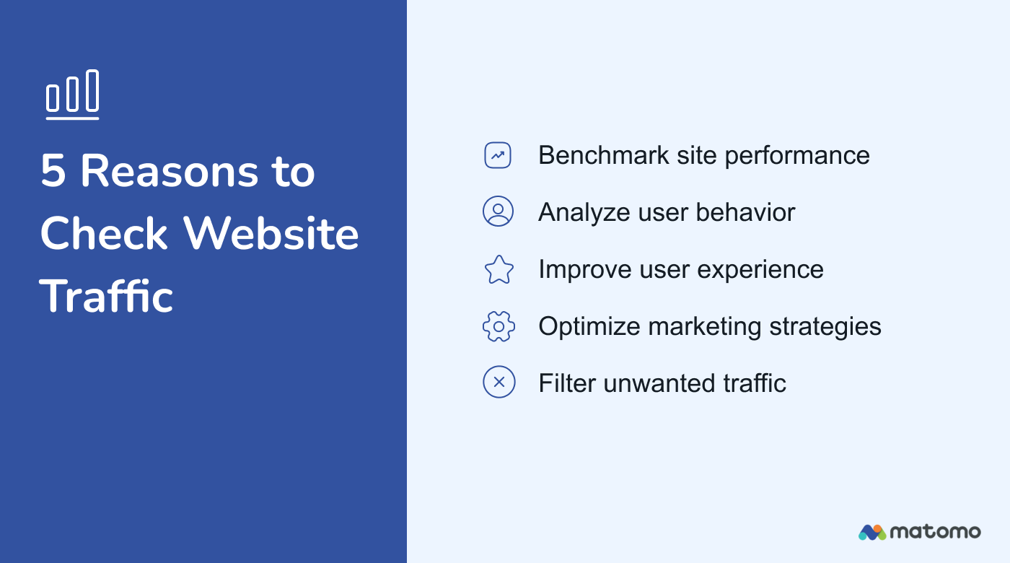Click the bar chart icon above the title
pyautogui.click(x=72, y=95)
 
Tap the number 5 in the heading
pyautogui.click(x=53, y=172)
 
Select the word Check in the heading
pyautogui.click(x=105, y=234)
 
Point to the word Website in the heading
pyautogui.click(x=271, y=234)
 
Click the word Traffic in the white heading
pyautogui.click(x=107, y=296)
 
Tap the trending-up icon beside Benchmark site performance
pyautogui.click(x=498, y=155)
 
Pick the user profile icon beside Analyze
pyautogui.click(x=498, y=211)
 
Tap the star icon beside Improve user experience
pyautogui.click(x=499, y=269)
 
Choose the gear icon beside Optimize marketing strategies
pyautogui.click(x=499, y=326)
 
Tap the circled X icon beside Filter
pyautogui.click(x=499, y=382)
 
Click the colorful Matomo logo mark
pyautogui.click(x=872, y=533)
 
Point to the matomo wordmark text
pyautogui.click(x=936, y=532)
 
